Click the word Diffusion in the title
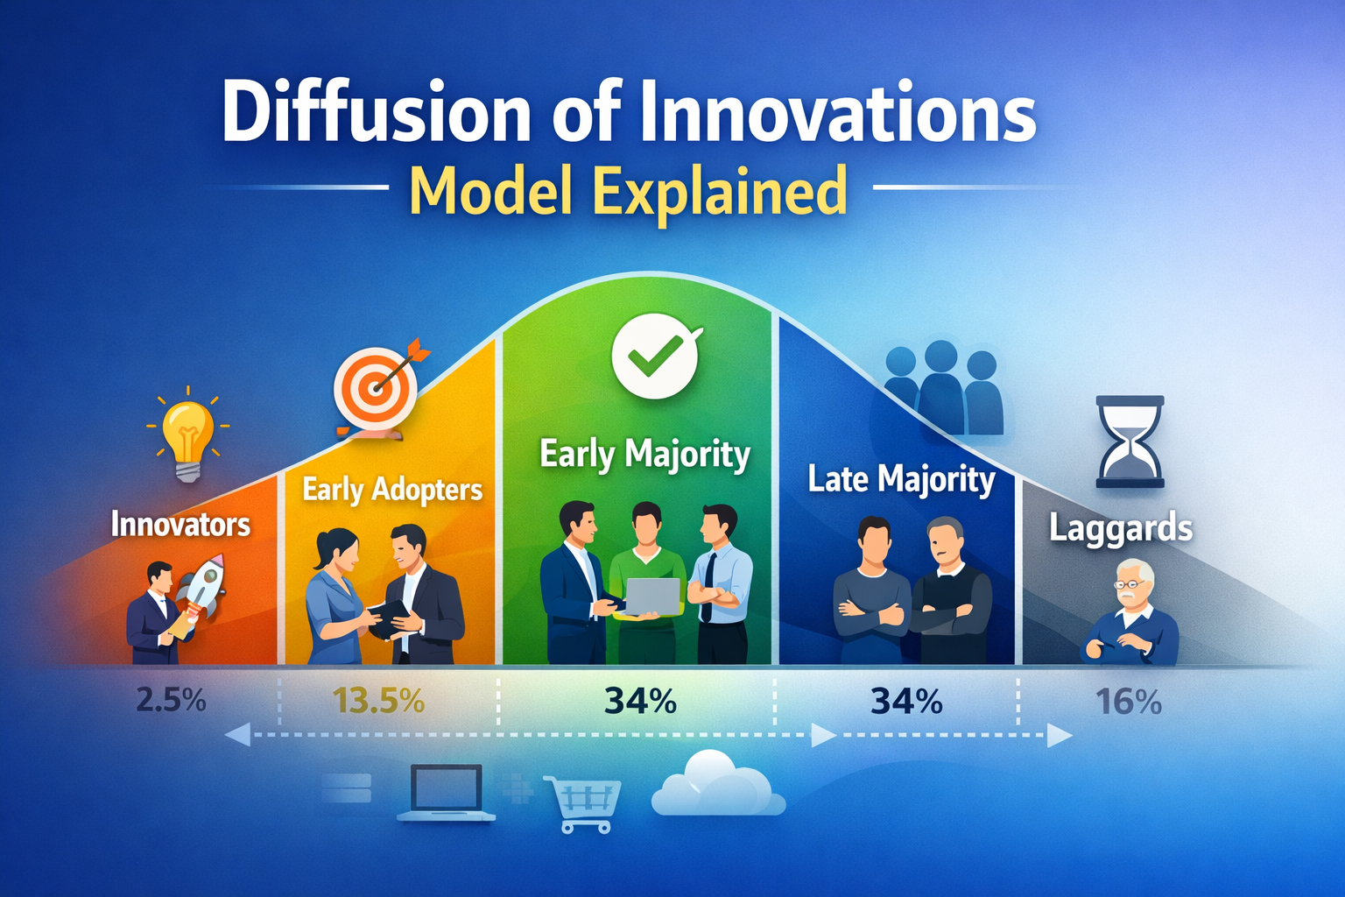(x=376, y=113)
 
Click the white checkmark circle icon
(x=655, y=356)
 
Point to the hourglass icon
(x=1130, y=441)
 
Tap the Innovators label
(x=180, y=525)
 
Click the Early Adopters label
(x=391, y=490)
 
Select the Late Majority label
(x=901, y=480)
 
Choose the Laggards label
(x=1121, y=529)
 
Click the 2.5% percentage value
(x=171, y=701)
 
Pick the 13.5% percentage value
(x=378, y=701)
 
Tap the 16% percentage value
(x=1128, y=702)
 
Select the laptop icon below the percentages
(x=447, y=793)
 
